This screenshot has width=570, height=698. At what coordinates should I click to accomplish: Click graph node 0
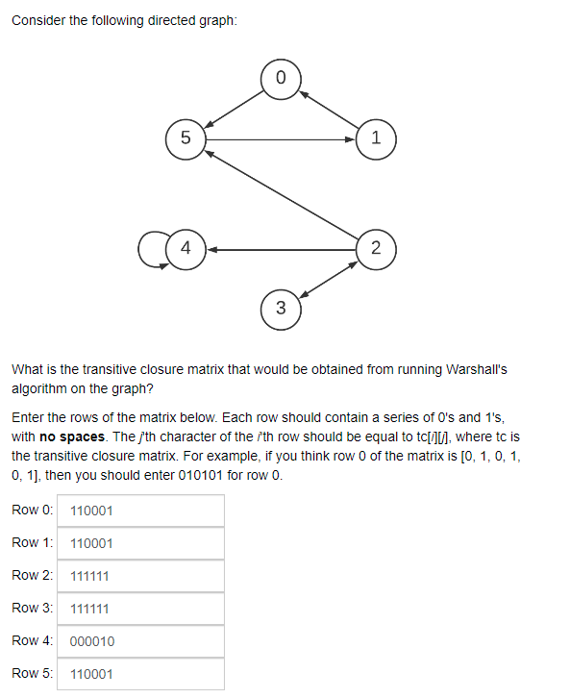(281, 78)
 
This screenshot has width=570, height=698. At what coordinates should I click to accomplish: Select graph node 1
(375, 137)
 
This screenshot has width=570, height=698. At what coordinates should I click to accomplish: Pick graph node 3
(281, 308)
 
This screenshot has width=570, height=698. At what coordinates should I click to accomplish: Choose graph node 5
(186, 137)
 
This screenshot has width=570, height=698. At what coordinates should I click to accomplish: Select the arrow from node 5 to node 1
(280, 138)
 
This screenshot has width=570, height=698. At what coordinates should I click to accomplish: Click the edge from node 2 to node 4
(280, 248)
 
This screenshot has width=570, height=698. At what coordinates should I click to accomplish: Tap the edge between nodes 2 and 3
(328, 278)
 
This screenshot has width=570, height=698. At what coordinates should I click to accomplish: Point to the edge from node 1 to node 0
(328, 108)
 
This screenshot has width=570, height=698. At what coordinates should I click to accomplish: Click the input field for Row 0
(140, 511)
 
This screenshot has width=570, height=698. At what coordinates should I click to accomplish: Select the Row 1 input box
(140, 543)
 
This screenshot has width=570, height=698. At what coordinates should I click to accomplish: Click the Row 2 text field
(140, 576)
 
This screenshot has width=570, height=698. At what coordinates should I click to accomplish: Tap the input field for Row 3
(140, 609)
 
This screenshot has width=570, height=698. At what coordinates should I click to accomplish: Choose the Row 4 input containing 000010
(140, 641)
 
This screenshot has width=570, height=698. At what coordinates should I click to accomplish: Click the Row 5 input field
(140, 674)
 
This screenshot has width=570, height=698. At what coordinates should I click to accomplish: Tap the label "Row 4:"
(32, 641)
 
